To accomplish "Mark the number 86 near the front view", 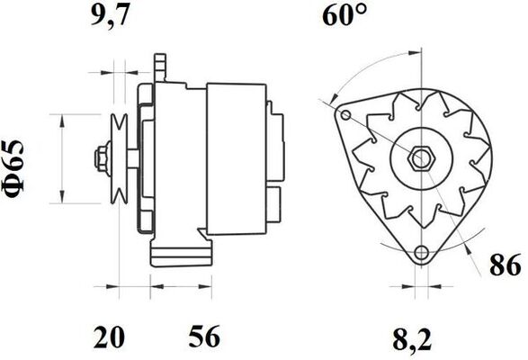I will point(506,265).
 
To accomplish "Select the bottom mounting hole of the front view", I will point(420,254).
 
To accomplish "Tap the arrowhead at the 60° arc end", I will point(336,95).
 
